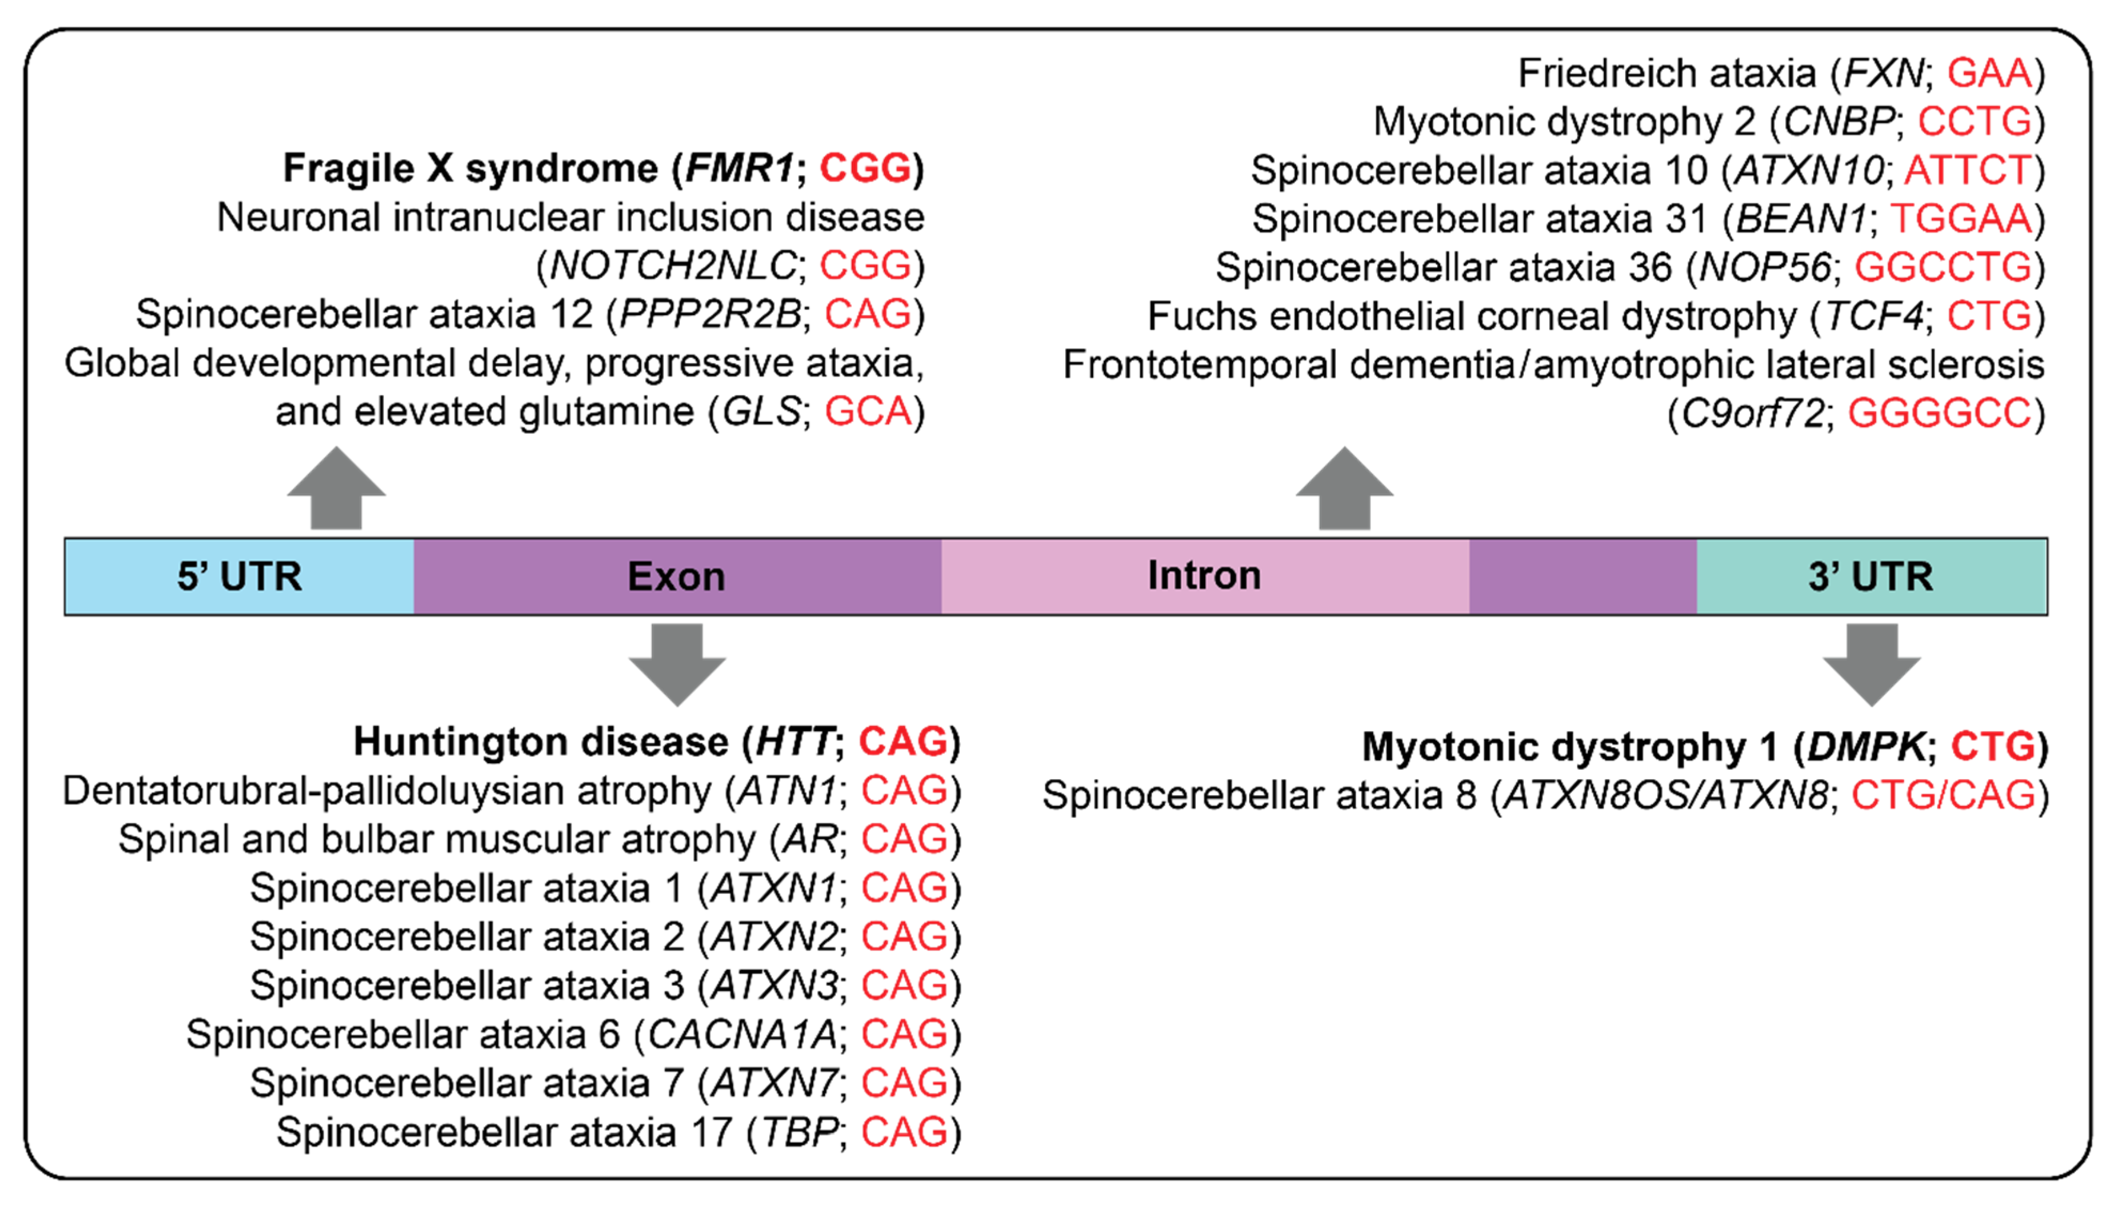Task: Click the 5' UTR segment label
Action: [x=239, y=576]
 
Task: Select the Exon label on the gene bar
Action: [x=676, y=576]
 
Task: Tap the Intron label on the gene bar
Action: [x=1204, y=575]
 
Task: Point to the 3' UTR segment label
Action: [x=1871, y=576]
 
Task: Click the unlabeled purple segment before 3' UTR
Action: [x=1583, y=576]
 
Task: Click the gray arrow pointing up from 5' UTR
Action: [x=336, y=489]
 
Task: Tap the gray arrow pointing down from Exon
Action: [x=677, y=663]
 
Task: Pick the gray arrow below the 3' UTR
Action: [x=1871, y=663]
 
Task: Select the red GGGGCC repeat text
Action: [x=1939, y=413]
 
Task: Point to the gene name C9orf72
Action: [x=1752, y=413]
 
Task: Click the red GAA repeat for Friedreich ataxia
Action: [x=1989, y=73]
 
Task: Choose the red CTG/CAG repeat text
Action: [x=1943, y=795]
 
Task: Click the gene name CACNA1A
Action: [x=742, y=1034]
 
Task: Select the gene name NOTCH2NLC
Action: [x=673, y=265]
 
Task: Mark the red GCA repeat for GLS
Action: [x=868, y=411]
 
